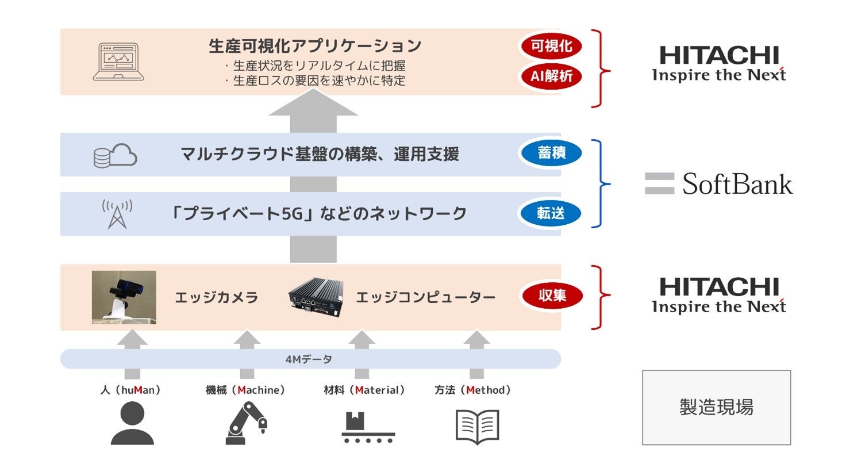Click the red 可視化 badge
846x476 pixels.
pyautogui.click(x=551, y=47)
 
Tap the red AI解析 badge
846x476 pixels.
pyautogui.click(x=551, y=76)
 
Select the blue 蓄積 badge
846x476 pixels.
pyautogui.click(x=551, y=153)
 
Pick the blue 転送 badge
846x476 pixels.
pyautogui.click(x=551, y=213)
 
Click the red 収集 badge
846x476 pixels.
pyautogui.click(x=552, y=296)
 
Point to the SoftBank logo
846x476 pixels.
pyautogui.click(x=718, y=184)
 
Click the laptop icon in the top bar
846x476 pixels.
pyautogui.click(x=118, y=62)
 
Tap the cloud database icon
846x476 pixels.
pyautogui.click(x=115, y=155)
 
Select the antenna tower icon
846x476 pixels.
pyautogui.click(x=117, y=214)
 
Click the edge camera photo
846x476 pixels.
pyautogui.click(x=124, y=297)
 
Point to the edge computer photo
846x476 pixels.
pyautogui.click(x=316, y=297)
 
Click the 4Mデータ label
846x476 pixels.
pyautogui.click(x=309, y=359)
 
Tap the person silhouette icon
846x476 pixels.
pyautogui.click(x=132, y=423)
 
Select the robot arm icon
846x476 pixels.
pyautogui.click(x=247, y=423)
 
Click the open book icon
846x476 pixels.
pyautogui.click(x=477, y=427)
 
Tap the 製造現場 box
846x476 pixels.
pyautogui.click(x=716, y=407)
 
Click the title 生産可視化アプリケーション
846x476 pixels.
pyautogui.click(x=315, y=46)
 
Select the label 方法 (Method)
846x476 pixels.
pyautogui.click(x=472, y=390)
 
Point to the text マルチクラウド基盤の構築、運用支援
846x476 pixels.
pyautogui.click(x=320, y=154)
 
